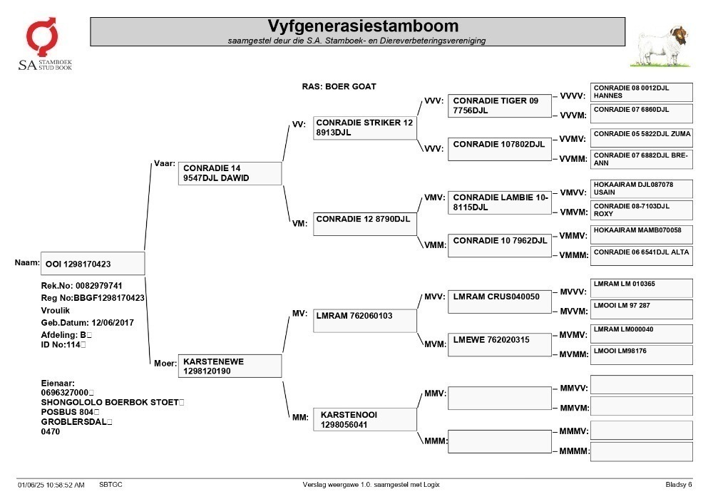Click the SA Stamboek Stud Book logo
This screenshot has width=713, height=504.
pos(44,44)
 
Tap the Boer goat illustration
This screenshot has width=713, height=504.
pos(661,46)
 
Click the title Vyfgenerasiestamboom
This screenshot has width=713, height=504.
pos(363,26)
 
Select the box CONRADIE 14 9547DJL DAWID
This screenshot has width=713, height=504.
pos(230,173)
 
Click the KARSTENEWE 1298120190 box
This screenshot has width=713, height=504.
pos(230,366)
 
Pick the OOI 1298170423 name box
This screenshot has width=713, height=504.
pos(93,264)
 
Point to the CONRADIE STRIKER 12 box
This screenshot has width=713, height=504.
pos(364,128)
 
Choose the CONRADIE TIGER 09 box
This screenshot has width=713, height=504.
pos(500,106)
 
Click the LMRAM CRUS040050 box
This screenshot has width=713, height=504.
pos(500,302)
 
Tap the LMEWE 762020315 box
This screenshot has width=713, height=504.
pos(500,345)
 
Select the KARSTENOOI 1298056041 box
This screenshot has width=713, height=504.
pos(364,419)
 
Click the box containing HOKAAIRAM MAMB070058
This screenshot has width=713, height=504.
pos(642,235)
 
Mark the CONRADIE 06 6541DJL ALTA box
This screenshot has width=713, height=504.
pos(642,257)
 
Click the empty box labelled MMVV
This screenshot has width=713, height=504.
pos(642,384)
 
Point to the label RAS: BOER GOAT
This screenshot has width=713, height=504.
pos(339,86)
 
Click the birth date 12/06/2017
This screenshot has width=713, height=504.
pos(113,323)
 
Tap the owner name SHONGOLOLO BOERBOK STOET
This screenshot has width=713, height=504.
pos(110,402)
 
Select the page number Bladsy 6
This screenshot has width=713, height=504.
pos(679,485)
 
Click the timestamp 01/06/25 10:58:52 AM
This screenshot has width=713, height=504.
pos(51,485)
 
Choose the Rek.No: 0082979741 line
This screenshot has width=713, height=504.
pos(81,286)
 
